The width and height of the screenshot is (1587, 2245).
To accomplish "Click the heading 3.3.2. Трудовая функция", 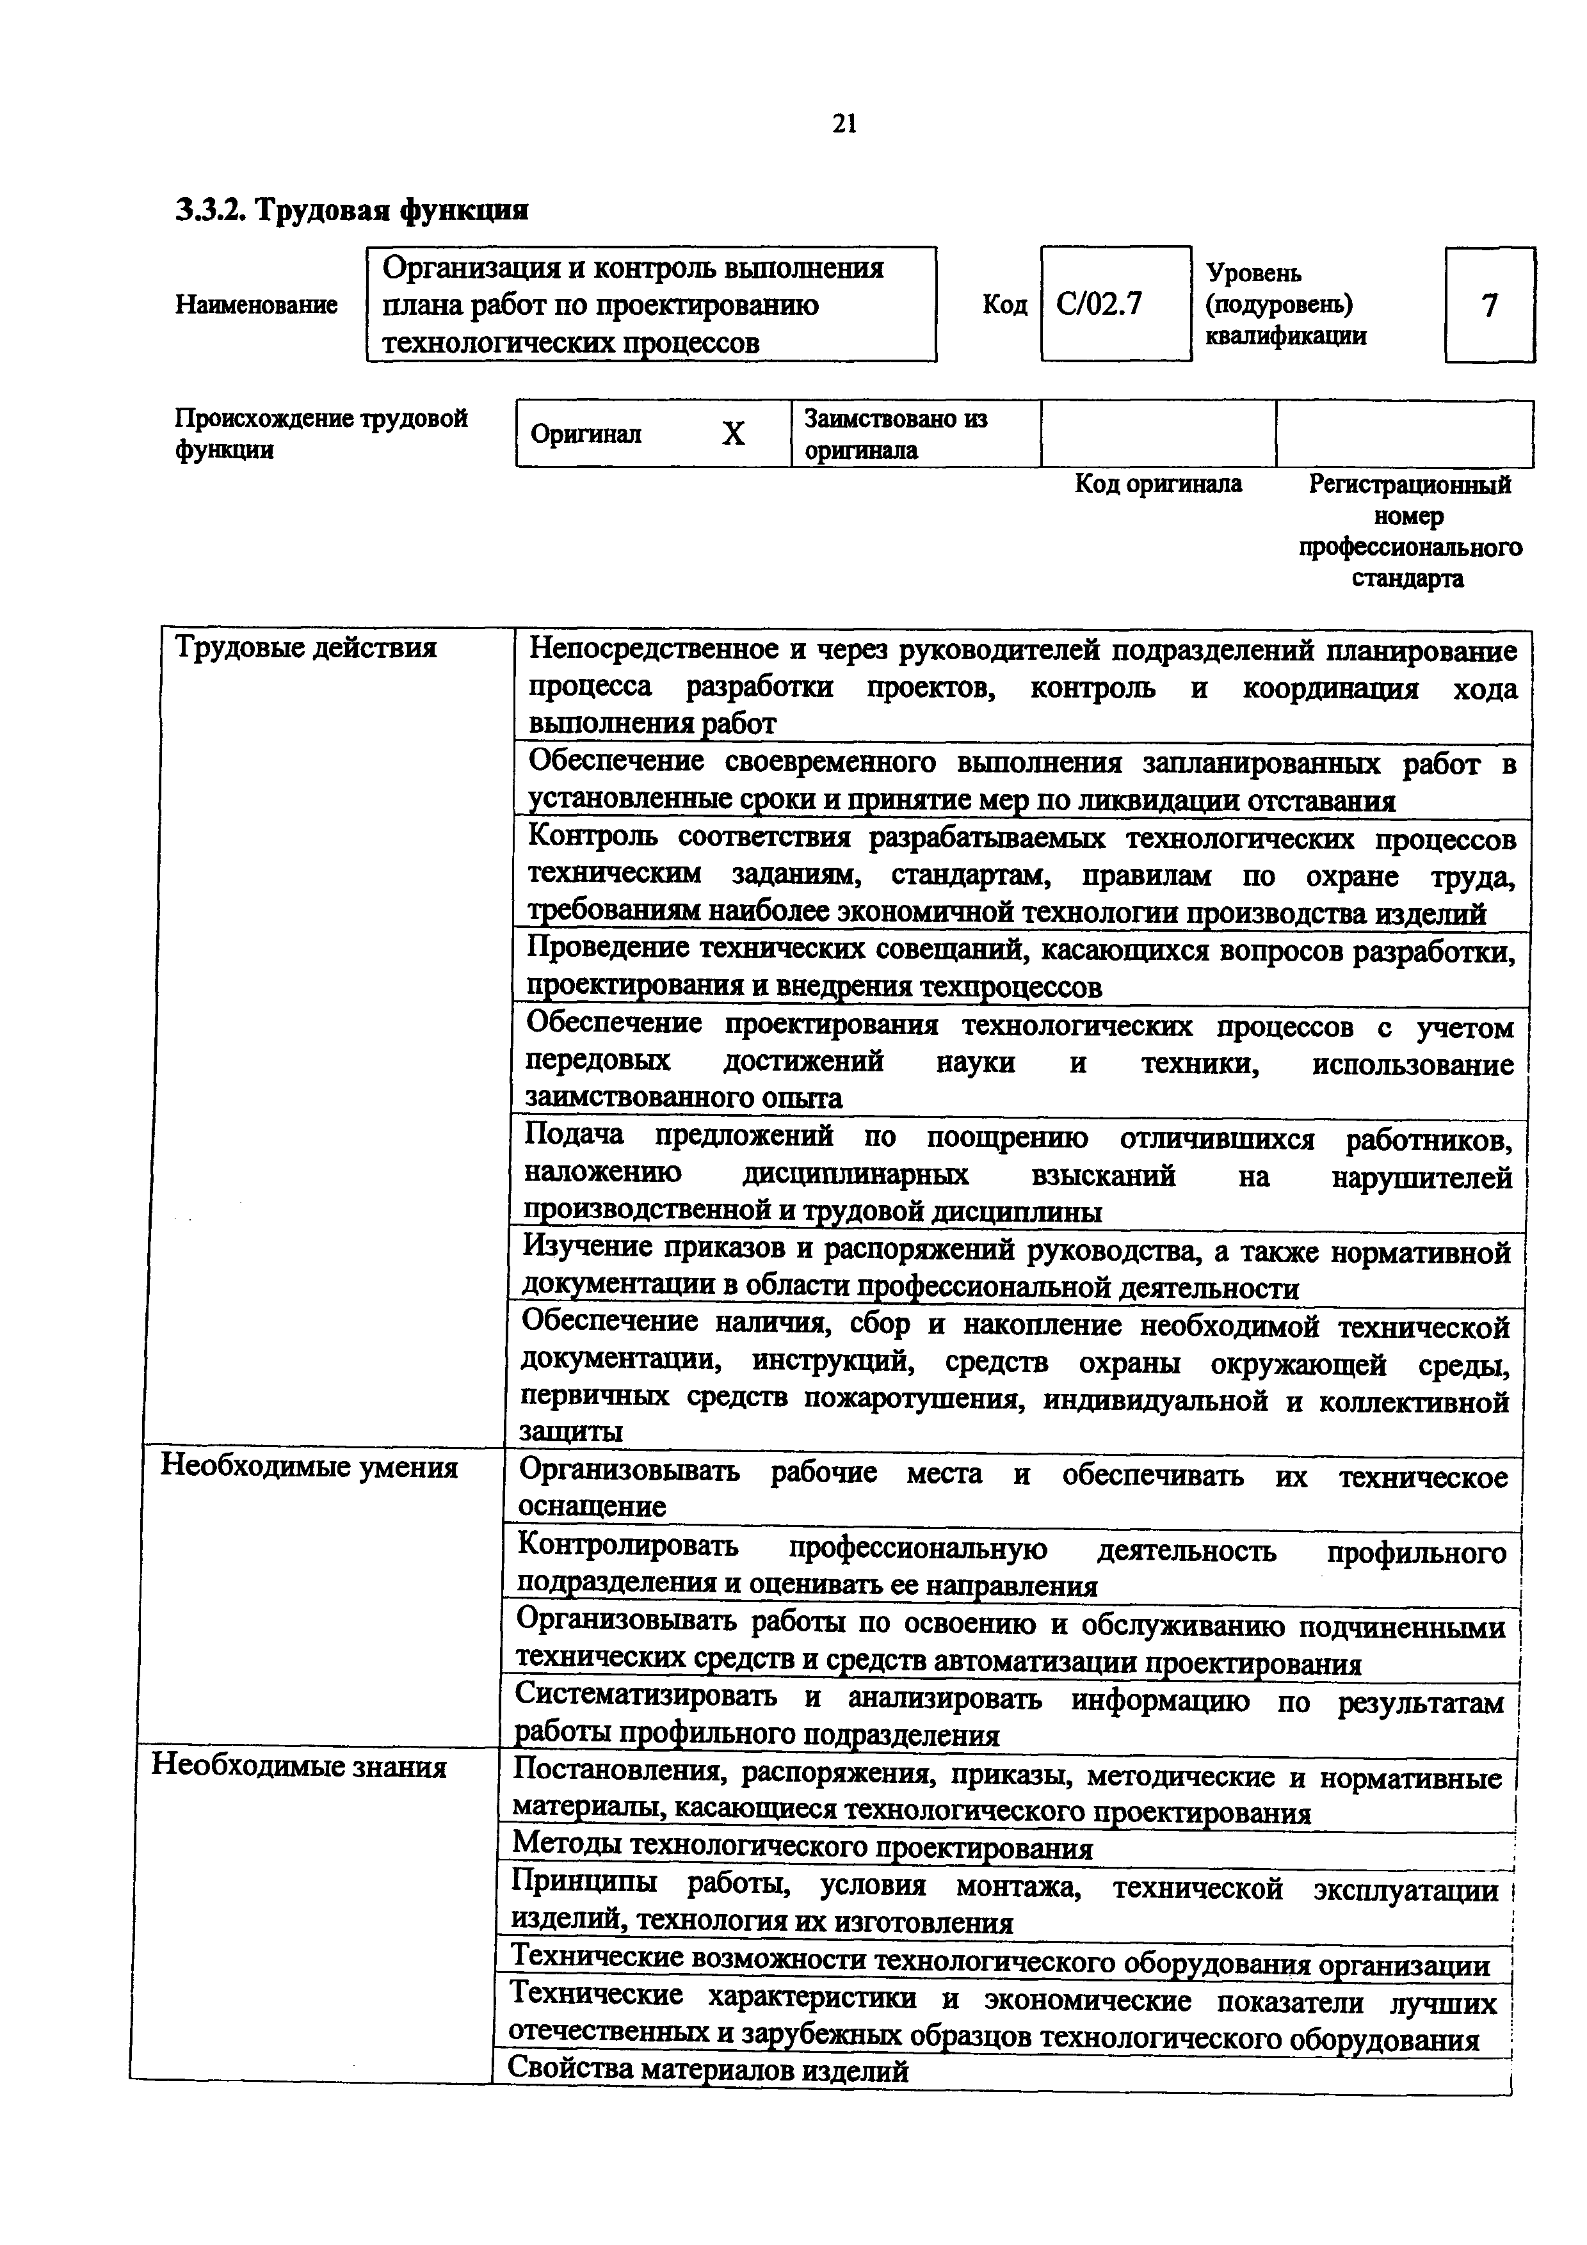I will (x=352, y=210).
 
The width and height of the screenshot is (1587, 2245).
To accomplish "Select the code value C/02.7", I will (x=1099, y=305).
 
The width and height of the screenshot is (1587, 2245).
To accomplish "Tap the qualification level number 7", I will (x=1488, y=306).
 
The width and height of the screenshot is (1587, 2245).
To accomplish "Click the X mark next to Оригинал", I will (x=734, y=434).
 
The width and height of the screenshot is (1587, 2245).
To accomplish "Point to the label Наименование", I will (x=256, y=305).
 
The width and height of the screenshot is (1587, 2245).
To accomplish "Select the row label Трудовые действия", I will (x=305, y=647).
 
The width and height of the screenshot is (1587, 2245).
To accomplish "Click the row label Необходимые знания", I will (x=298, y=1767).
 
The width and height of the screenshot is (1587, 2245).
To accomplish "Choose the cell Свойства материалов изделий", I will (x=708, y=2069).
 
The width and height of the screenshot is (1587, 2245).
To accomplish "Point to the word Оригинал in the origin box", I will (x=586, y=434).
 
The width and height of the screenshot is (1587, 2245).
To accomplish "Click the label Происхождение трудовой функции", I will (x=321, y=433).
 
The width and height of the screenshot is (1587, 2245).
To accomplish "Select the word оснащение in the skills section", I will (x=591, y=1506).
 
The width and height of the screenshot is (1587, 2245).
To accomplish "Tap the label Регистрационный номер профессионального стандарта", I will (x=1409, y=531).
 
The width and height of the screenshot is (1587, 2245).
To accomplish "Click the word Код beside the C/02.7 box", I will (x=1004, y=305).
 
